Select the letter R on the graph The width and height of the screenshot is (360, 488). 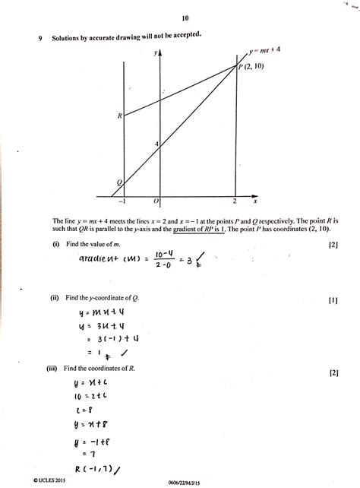(120, 116)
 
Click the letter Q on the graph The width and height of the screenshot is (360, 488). (118, 182)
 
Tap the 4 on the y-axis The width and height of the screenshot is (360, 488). (156, 144)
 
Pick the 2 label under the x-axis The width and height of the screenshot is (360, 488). (235, 201)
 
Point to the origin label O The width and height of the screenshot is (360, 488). (156, 201)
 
